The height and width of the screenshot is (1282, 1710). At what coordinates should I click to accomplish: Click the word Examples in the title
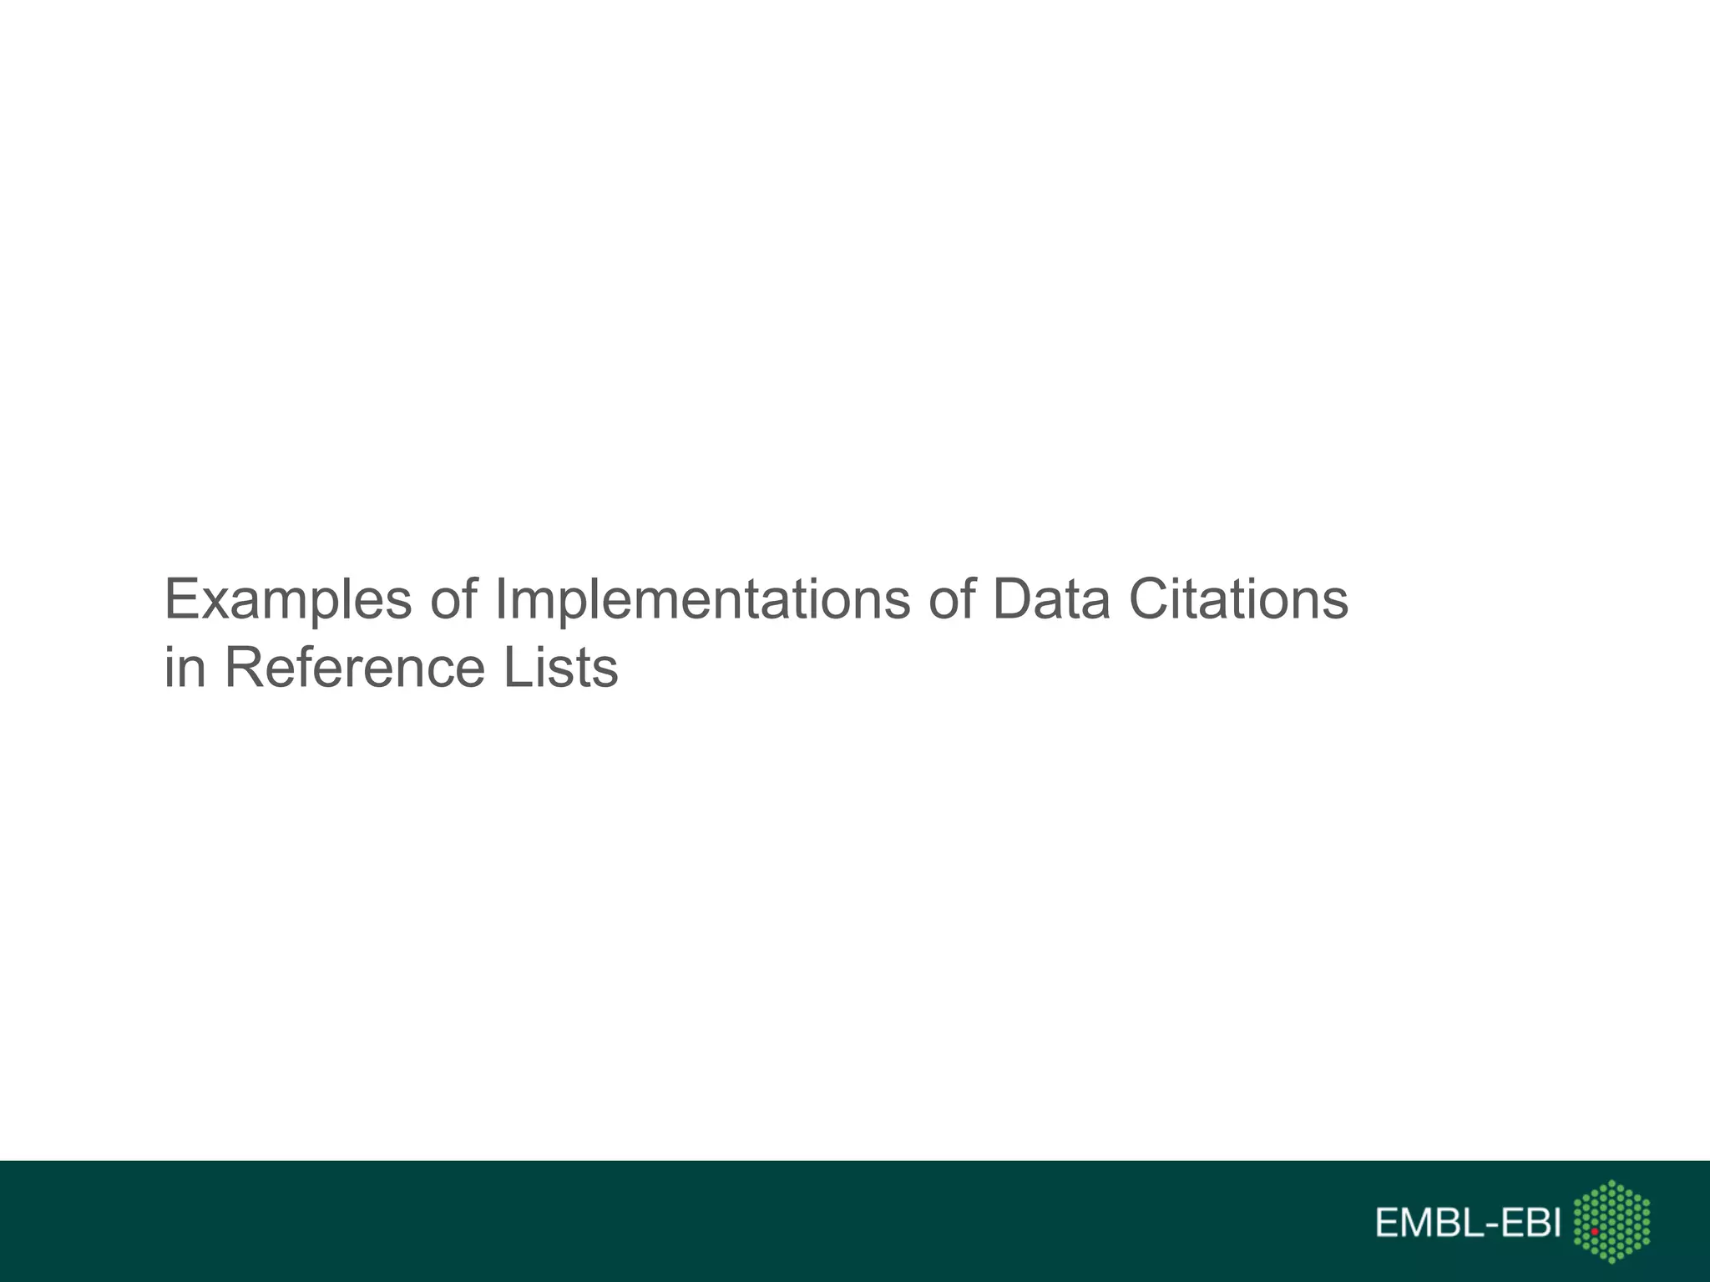pos(288,599)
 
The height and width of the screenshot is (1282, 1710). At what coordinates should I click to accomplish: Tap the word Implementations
pos(702,599)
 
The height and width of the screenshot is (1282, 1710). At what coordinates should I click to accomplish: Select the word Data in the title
pos(1051,599)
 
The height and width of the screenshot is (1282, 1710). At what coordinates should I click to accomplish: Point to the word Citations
pos(1238,599)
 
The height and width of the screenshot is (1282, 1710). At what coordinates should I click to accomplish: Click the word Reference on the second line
pos(354,668)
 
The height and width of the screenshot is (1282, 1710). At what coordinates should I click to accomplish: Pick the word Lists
pos(560,668)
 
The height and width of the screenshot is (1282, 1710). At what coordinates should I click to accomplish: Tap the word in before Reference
pos(185,668)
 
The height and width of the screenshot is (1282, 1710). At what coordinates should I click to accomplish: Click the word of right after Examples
pos(453,599)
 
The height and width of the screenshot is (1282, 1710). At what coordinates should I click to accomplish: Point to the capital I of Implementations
pos(501,599)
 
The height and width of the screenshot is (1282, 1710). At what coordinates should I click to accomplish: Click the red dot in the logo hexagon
pos(1594,1231)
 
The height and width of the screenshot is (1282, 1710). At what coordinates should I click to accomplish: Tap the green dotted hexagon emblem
pos(1611,1221)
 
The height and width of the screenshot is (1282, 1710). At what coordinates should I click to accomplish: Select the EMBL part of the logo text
pos(1424,1224)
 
